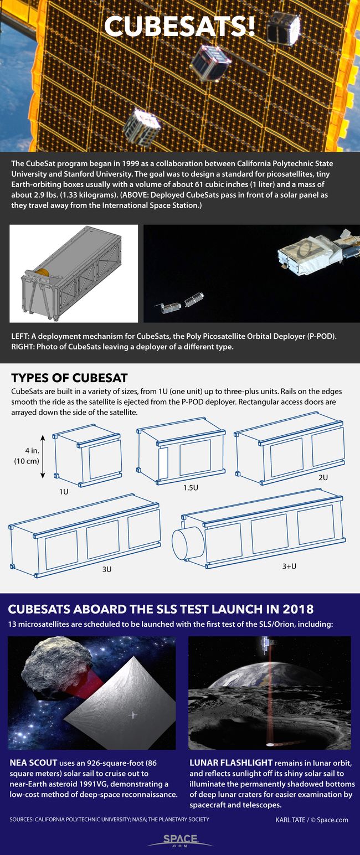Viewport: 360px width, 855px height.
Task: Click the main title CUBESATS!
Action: tap(180, 26)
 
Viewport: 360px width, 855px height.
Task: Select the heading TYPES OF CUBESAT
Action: tap(69, 378)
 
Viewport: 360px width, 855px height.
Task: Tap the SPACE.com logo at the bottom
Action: tap(179, 840)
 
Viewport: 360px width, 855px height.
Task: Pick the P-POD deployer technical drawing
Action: tap(74, 274)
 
